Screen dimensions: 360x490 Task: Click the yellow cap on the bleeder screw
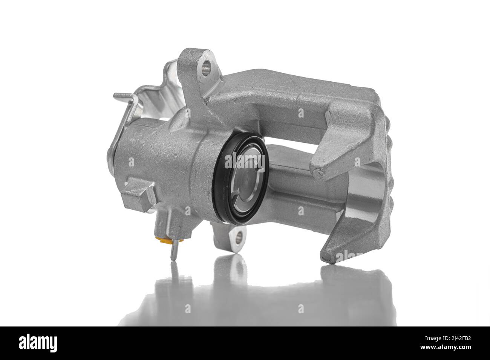[x=164, y=240]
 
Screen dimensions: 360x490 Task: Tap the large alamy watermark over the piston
[x=245, y=162]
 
